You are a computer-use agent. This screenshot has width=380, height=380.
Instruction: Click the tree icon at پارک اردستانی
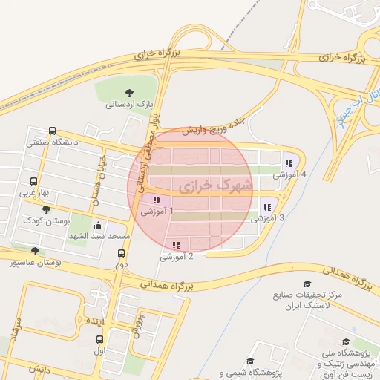[x=130, y=93]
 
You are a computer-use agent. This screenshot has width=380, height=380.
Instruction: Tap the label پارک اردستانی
[x=130, y=105]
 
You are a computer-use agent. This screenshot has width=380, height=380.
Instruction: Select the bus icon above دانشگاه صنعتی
[x=51, y=131]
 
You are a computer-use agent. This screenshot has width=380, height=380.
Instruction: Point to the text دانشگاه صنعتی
[x=50, y=142]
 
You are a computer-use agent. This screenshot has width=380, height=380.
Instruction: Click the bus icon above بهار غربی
[x=34, y=181]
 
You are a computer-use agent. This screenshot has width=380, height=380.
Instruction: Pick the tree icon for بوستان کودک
[x=46, y=210]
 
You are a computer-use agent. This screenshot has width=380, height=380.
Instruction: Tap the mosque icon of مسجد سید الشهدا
[x=99, y=225]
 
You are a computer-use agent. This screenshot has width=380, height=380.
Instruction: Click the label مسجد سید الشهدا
[x=105, y=236]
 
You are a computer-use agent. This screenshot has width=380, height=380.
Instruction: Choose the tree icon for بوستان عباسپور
[x=35, y=251]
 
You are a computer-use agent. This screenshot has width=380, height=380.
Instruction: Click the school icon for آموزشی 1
[x=156, y=200]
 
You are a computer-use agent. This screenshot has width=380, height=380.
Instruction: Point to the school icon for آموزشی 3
[x=266, y=207]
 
